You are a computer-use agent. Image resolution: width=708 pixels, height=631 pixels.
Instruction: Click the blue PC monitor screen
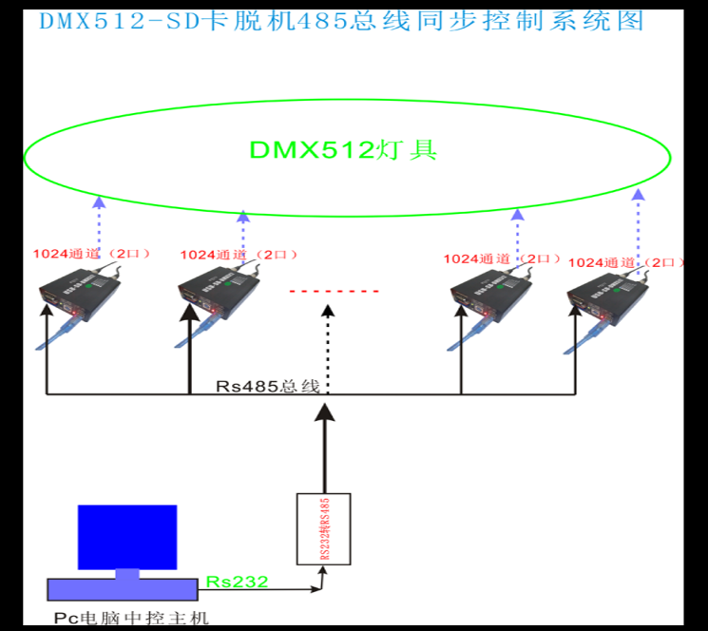[x=126, y=537]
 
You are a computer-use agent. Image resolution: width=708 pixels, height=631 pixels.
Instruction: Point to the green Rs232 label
[x=237, y=581]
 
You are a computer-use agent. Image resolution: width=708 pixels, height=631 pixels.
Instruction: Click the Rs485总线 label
[x=262, y=386]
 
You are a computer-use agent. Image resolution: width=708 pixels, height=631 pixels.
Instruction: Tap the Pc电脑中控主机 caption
[x=130, y=619]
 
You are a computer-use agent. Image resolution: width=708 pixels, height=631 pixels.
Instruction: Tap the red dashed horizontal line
[x=334, y=291]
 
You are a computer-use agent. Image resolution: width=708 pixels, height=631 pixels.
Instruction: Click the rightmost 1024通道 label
[x=623, y=261]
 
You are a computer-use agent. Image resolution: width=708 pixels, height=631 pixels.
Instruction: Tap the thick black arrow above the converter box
[x=325, y=447]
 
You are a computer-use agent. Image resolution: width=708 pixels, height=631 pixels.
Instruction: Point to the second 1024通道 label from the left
[x=238, y=255]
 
